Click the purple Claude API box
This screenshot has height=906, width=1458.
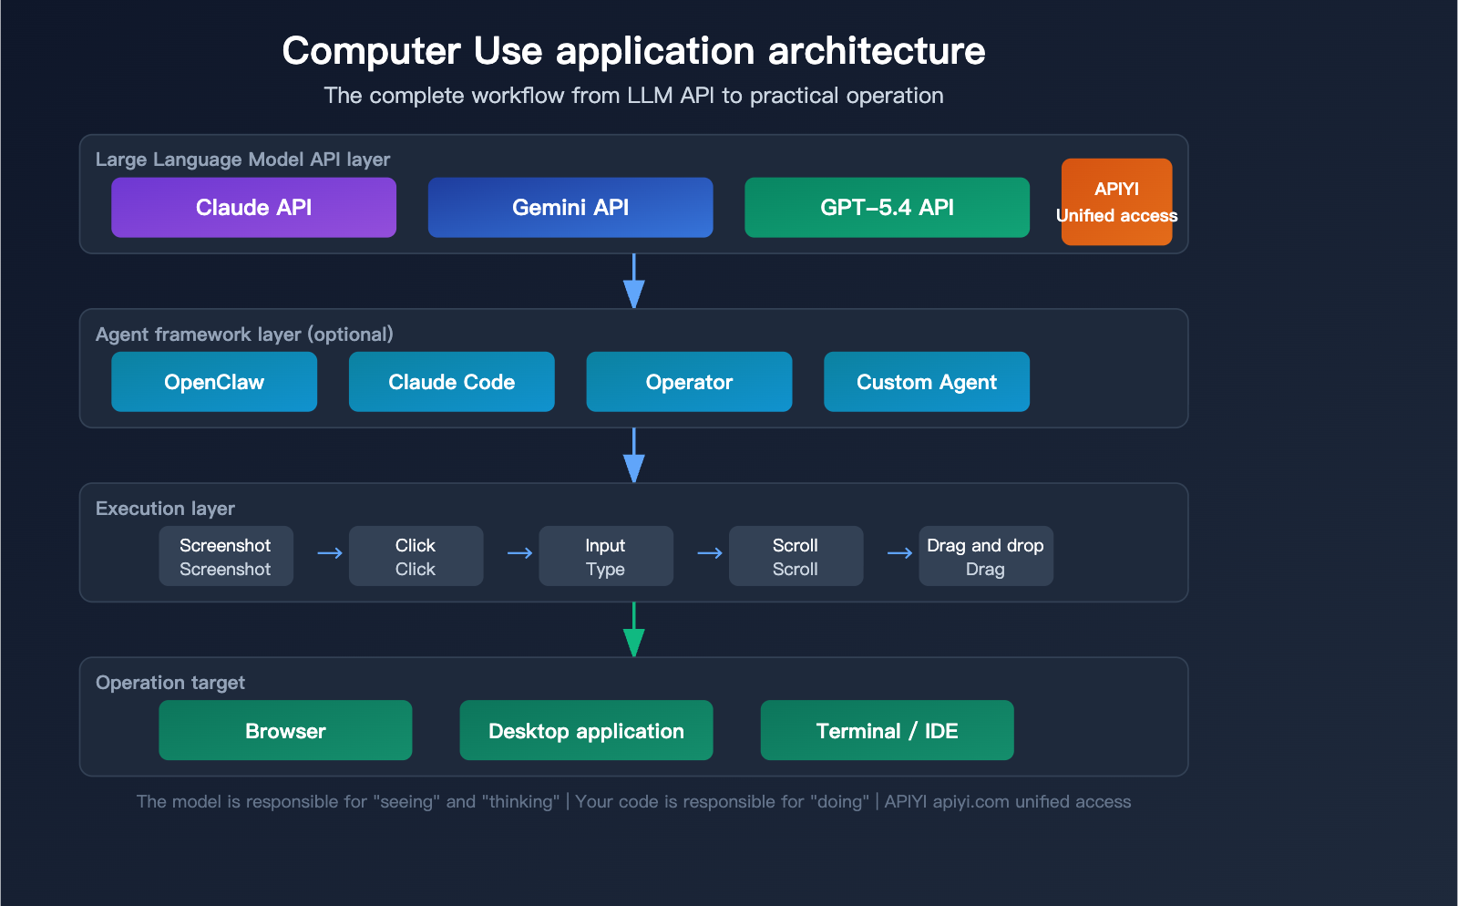[x=253, y=208]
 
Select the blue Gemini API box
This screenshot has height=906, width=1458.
[x=570, y=208]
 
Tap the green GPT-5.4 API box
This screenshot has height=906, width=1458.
[x=887, y=208]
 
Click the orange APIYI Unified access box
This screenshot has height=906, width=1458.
[x=1116, y=201]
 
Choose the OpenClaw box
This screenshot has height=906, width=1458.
[x=214, y=382]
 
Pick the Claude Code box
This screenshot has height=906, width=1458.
[x=451, y=382]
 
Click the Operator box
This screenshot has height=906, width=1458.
[x=689, y=382]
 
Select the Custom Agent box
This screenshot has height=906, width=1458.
[x=926, y=382]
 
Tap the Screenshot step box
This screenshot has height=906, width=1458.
[x=225, y=556]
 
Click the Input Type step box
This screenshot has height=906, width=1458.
[x=605, y=556]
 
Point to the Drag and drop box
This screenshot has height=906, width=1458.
[x=985, y=556]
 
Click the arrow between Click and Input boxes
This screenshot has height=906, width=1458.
[x=519, y=553]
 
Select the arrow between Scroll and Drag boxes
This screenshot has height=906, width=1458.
[x=899, y=553]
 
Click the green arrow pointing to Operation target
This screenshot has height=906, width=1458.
[x=633, y=631]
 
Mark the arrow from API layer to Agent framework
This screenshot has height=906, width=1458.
[x=633, y=282]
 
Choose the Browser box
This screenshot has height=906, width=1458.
[x=285, y=730]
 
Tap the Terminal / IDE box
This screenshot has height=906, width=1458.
[x=887, y=730]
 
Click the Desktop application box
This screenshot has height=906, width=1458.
[x=586, y=730]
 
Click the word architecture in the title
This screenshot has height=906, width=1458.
[x=876, y=51]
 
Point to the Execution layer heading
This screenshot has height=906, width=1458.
[x=165, y=509]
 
